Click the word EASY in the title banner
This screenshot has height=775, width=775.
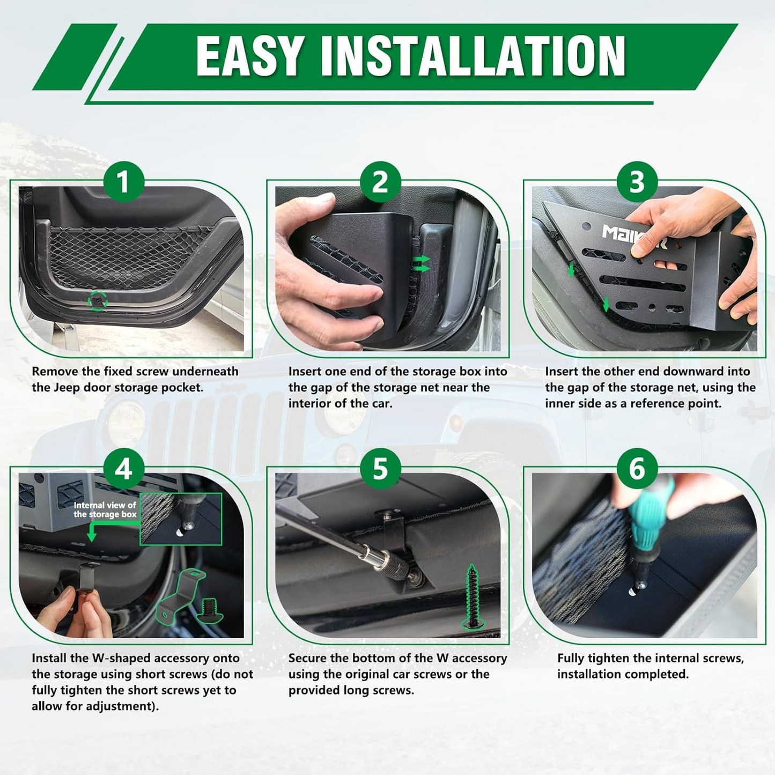(x=250, y=56)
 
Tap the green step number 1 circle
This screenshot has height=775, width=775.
(x=123, y=182)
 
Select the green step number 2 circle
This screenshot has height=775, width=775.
(x=380, y=182)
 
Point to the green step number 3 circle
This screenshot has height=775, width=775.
(x=637, y=182)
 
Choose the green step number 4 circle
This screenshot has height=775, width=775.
(x=123, y=469)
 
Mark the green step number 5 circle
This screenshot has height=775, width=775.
(x=380, y=469)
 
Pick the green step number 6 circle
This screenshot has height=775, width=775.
(x=637, y=469)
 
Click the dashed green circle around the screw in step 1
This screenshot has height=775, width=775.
(x=98, y=301)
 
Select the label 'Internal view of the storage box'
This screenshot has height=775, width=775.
(x=105, y=510)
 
